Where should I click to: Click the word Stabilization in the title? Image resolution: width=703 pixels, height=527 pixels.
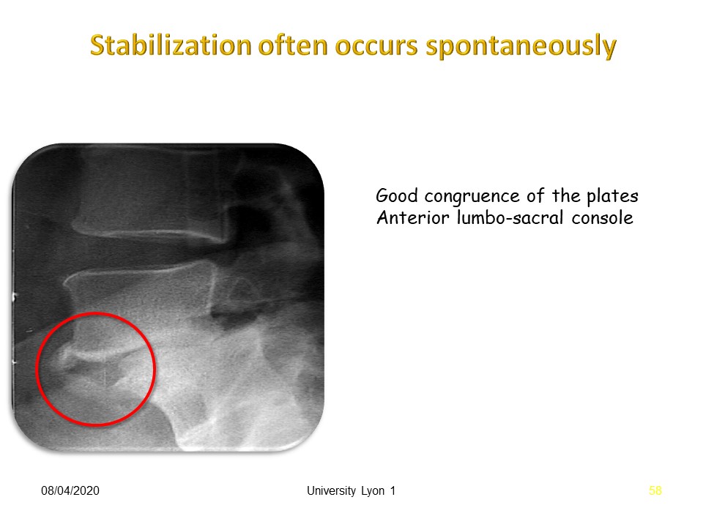171,45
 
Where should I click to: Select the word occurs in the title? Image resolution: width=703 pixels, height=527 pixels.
376,48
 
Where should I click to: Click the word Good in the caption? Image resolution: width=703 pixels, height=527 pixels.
396,196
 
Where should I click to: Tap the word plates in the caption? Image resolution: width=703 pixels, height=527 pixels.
612,197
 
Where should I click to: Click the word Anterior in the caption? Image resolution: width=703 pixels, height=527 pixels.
412,218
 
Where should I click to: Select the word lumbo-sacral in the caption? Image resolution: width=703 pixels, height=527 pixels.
510,217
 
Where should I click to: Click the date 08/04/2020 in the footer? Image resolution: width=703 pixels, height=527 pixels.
70,490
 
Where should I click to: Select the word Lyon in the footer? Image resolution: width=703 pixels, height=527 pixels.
373,491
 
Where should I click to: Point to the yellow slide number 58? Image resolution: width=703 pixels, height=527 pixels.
655,490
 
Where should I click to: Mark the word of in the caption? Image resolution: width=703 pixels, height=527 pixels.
536,196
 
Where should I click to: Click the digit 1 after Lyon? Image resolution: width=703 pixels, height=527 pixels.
393,490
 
